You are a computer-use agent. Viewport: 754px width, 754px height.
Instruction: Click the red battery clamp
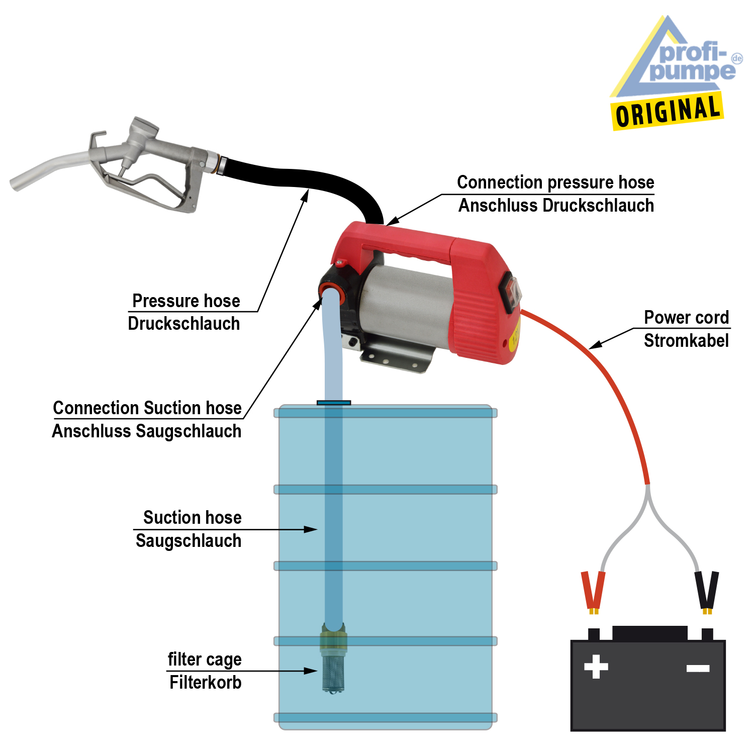[593, 591]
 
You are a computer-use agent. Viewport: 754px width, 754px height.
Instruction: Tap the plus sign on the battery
[596, 667]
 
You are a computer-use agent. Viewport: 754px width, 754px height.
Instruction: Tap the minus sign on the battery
[698, 668]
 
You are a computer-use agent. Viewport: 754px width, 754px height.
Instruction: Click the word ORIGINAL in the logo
[668, 111]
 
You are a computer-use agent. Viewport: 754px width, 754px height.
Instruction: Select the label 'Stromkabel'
[686, 341]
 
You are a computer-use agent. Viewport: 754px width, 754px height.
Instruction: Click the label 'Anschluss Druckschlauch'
[556, 206]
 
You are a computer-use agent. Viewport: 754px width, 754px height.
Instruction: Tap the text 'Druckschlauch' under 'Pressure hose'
[184, 324]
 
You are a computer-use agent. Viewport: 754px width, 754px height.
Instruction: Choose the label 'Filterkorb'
[205, 683]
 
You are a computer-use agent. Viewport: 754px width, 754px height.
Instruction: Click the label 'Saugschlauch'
[189, 541]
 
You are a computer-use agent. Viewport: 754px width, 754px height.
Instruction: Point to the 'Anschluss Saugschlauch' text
[147, 431]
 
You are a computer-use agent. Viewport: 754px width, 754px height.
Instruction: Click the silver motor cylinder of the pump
[407, 307]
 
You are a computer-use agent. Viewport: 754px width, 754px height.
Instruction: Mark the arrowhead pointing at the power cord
[596, 345]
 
